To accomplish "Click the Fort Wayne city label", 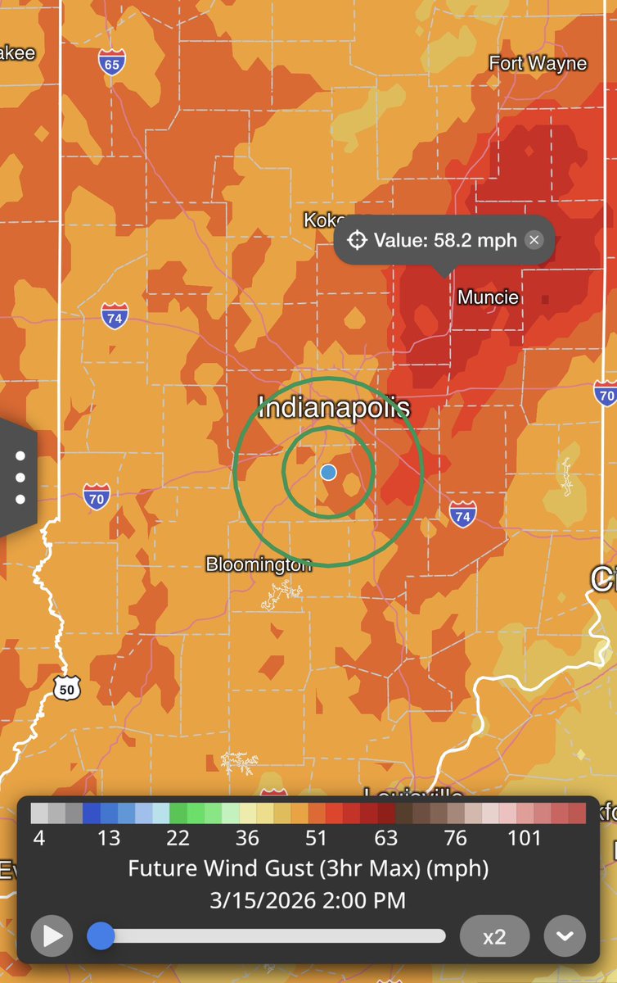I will click(x=538, y=63).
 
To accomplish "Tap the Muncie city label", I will click(x=489, y=297).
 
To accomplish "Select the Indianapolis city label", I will click(x=334, y=407).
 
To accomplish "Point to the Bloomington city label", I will click(x=259, y=564).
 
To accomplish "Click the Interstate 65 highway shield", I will click(x=111, y=63).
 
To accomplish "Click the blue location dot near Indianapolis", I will click(x=328, y=472).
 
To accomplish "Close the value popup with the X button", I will click(x=534, y=240).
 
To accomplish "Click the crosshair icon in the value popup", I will click(x=357, y=240).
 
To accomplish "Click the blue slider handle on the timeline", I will click(x=101, y=935).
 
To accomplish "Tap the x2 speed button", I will click(x=494, y=936).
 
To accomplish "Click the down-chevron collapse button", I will click(x=565, y=936).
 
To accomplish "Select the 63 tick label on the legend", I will click(x=385, y=838).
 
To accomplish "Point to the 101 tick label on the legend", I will click(x=525, y=838).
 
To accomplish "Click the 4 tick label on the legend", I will click(x=38, y=838).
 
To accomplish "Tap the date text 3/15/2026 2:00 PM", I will click(x=308, y=900).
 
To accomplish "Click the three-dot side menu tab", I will click(x=20, y=478).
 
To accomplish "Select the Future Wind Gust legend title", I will click(x=308, y=868).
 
